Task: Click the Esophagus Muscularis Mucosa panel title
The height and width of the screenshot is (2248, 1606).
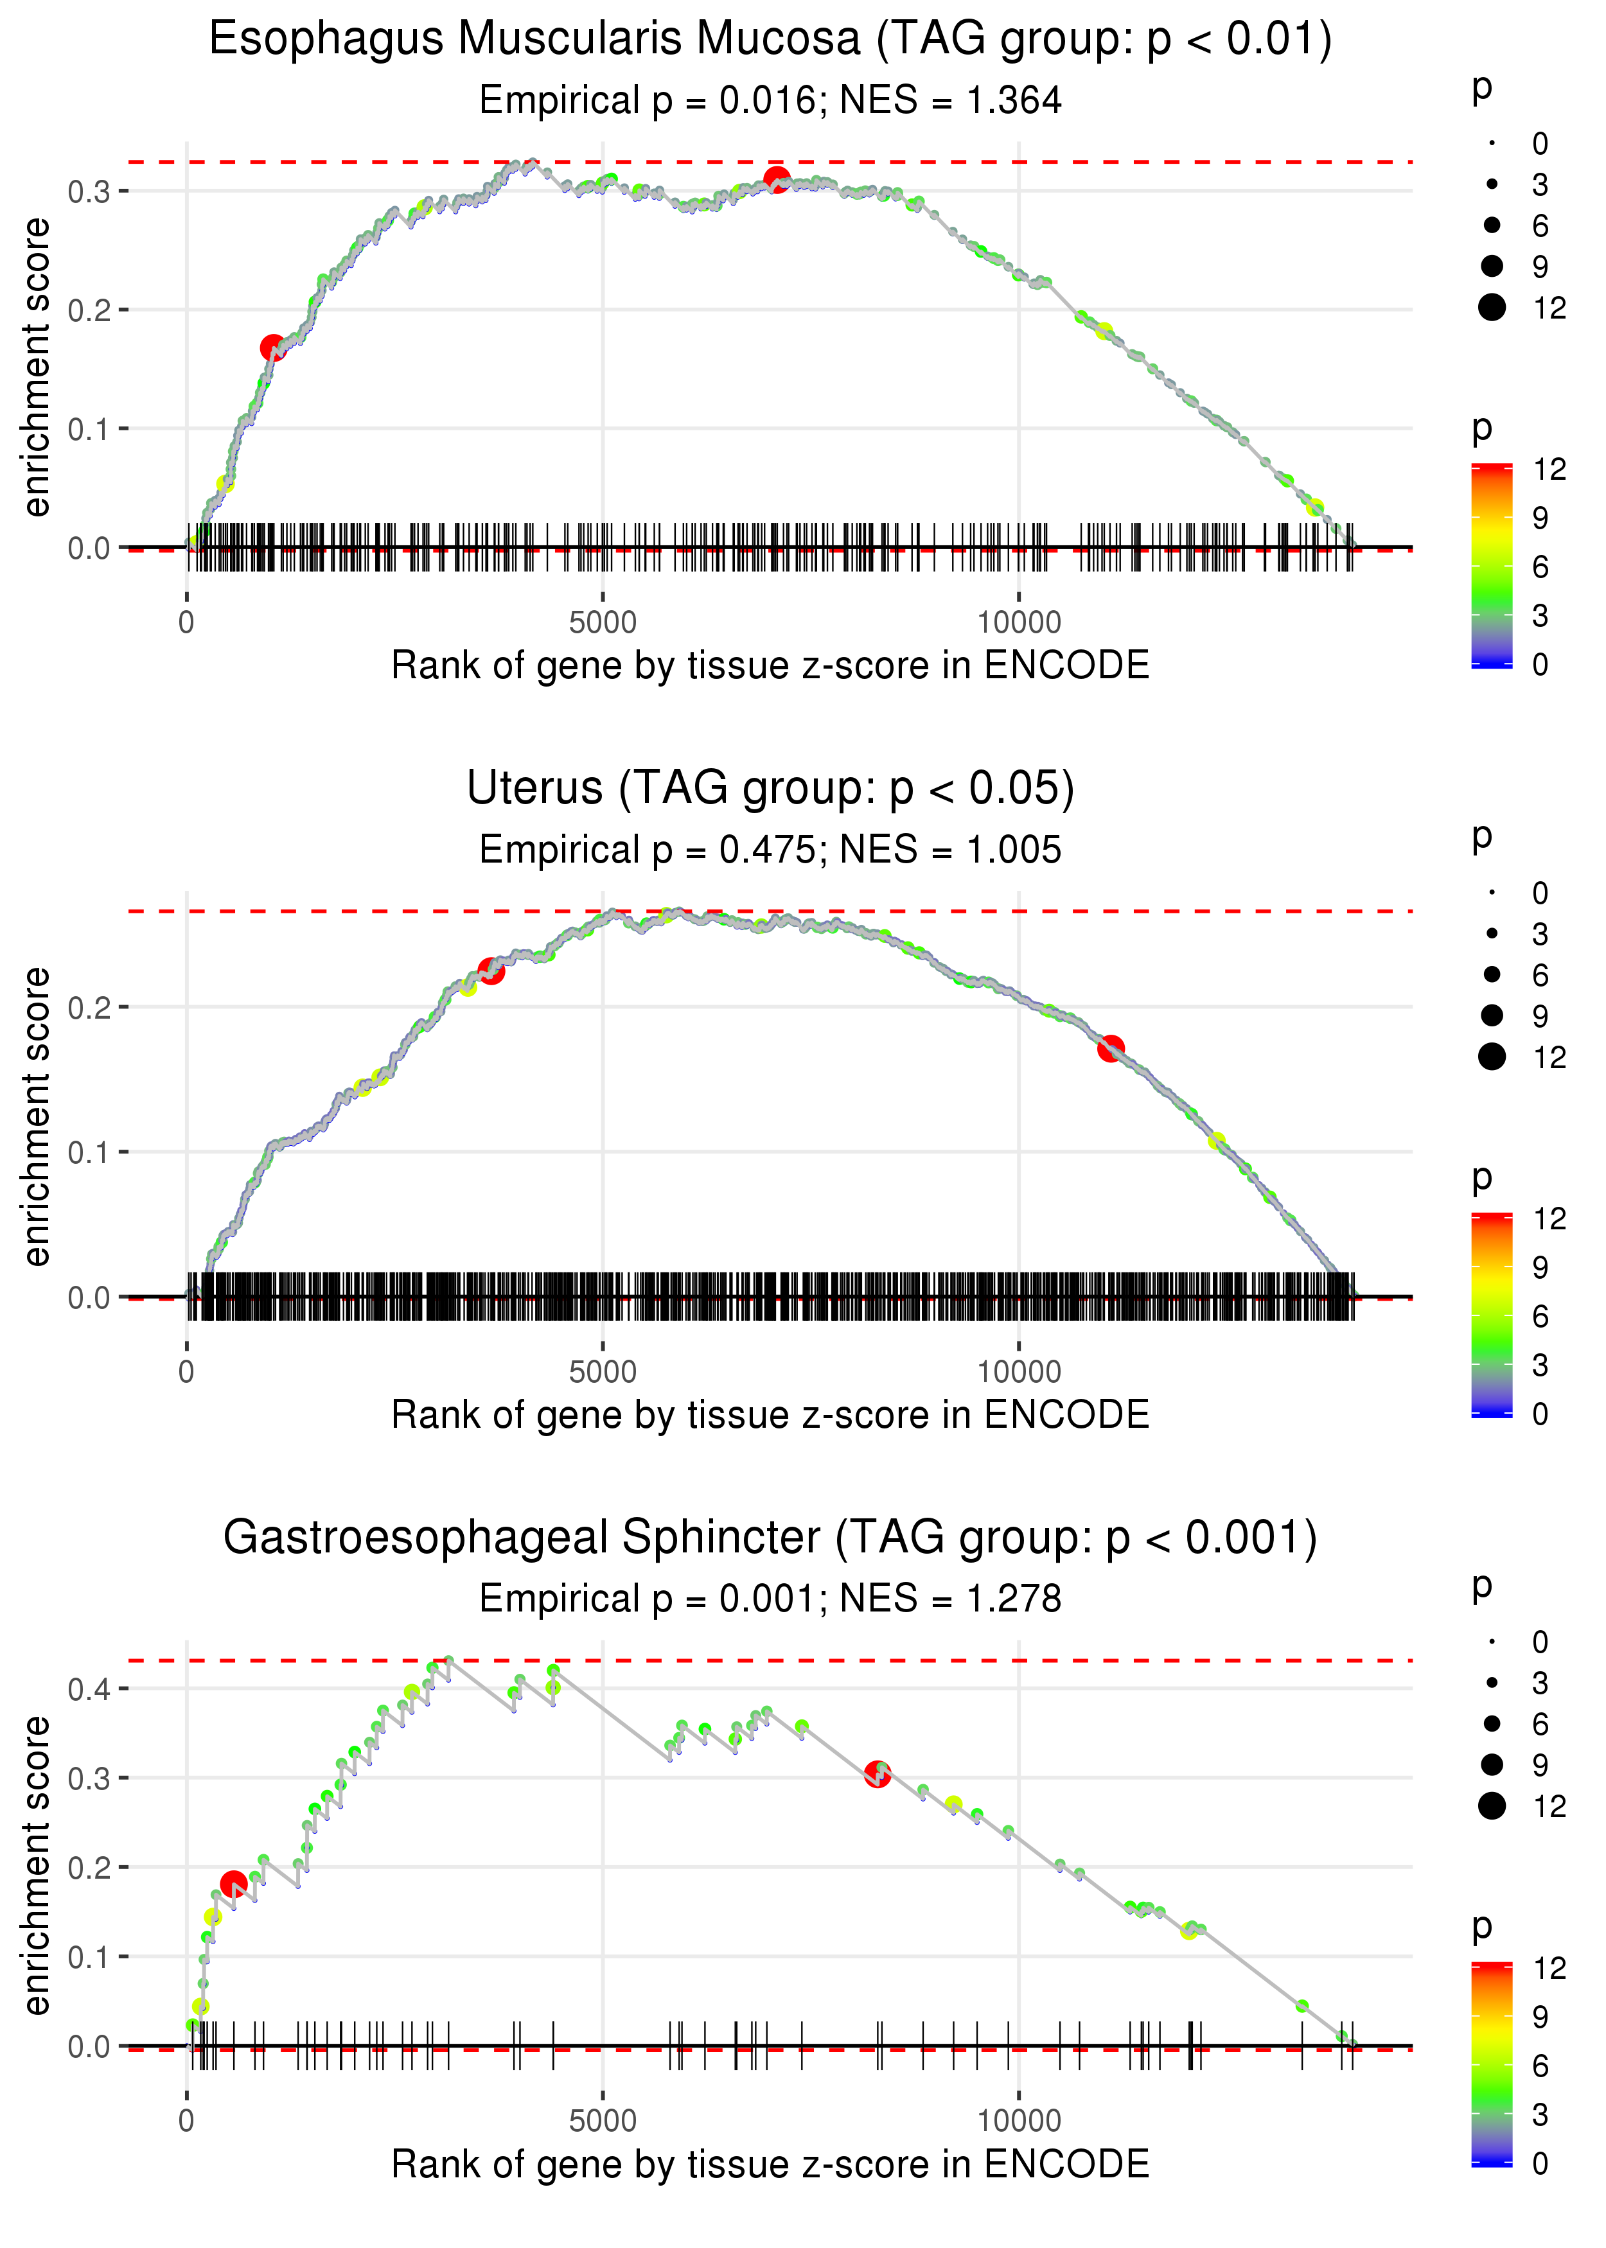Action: (770, 40)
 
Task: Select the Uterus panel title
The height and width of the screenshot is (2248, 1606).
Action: (770, 789)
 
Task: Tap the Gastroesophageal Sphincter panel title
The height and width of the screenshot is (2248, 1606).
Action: (770, 1538)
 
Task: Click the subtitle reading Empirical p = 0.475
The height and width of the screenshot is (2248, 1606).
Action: (770, 850)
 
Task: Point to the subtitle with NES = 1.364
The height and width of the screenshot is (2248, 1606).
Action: (770, 101)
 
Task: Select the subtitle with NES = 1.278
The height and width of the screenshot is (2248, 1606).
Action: (770, 1599)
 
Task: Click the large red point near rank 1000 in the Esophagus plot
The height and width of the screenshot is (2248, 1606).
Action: (273, 348)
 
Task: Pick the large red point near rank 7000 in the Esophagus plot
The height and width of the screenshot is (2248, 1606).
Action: (776, 180)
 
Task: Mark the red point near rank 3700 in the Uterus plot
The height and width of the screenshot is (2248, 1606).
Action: (491, 970)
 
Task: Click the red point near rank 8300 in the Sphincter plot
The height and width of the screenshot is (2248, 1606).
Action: (877, 1775)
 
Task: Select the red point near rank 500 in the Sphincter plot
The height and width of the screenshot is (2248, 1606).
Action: (233, 1884)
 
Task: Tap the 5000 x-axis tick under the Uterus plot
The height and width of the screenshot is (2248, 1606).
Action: (603, 1372)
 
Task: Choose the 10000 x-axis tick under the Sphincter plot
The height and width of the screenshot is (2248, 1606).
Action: (1019, 2121)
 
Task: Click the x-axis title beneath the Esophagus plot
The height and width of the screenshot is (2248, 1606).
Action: (770, 666)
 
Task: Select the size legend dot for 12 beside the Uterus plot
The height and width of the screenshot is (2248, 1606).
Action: (1491, 1057)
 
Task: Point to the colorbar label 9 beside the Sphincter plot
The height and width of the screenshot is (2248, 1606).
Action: (1540, 2017)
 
